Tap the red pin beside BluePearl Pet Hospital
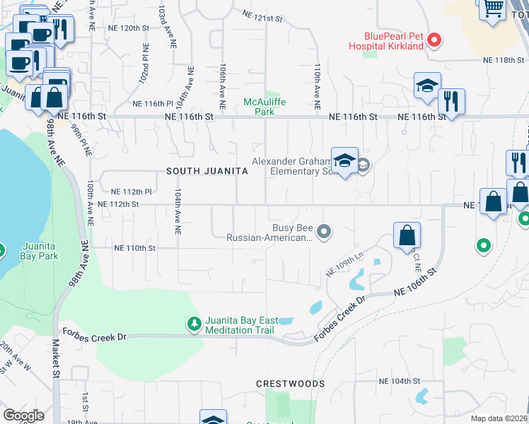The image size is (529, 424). tap(436, 41)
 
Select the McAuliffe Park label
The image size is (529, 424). tap(259, 107)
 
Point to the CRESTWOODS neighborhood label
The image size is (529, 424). tap(291, 384)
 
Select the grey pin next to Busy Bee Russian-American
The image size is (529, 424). tap(324, 230)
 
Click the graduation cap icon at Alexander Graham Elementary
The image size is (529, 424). tap(344, 162)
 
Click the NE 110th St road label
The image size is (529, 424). tap(134, 248)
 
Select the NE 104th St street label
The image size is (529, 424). tap(400, 381)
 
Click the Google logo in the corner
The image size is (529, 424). tap(23, 415)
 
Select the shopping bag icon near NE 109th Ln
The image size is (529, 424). tap(407, 235)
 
